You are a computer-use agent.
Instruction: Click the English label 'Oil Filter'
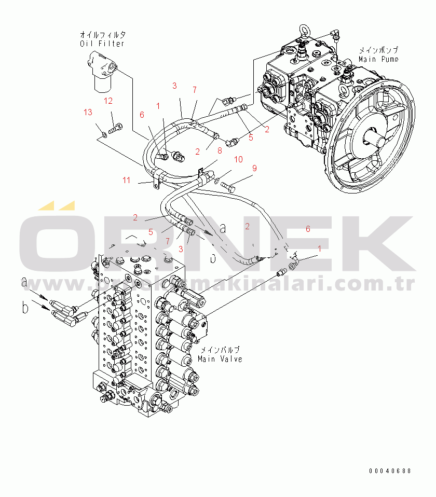pos(102,44)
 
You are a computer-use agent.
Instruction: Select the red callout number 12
pos(108,101)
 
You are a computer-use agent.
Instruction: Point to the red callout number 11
pos(127,180)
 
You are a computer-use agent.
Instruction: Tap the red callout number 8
pos(220,151)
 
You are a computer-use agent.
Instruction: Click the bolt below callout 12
pos(117,127)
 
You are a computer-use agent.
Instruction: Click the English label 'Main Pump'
pos(378,59)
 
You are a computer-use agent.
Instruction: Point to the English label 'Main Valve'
pos(220,359)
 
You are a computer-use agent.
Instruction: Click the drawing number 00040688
pos(390,471)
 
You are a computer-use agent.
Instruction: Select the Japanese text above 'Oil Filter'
pos(102,34)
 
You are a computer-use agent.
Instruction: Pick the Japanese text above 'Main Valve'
pos(220,350)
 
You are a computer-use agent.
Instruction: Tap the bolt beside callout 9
pos(229,184)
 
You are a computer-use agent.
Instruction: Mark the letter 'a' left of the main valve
pos(24,283)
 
